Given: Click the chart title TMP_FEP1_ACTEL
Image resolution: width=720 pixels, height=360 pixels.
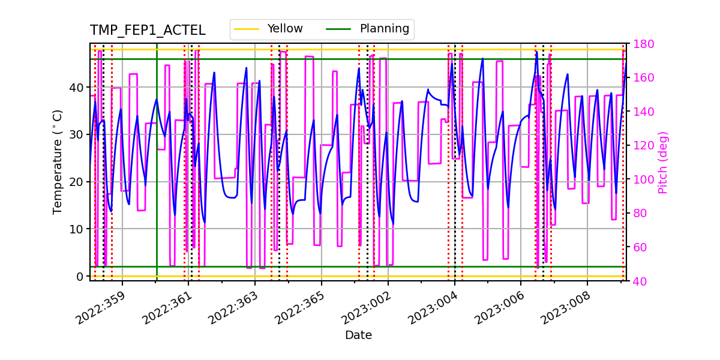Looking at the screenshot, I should point(148,31).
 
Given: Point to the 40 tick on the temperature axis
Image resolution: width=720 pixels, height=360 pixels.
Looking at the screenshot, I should point(77,88).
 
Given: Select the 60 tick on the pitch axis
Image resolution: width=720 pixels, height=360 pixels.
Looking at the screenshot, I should point(637,247).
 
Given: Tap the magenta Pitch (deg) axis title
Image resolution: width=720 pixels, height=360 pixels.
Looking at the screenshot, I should point(663,162).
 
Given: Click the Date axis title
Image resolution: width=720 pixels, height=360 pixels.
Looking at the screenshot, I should point(358,335).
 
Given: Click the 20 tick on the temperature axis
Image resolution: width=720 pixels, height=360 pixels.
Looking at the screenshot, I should point(77,182).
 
